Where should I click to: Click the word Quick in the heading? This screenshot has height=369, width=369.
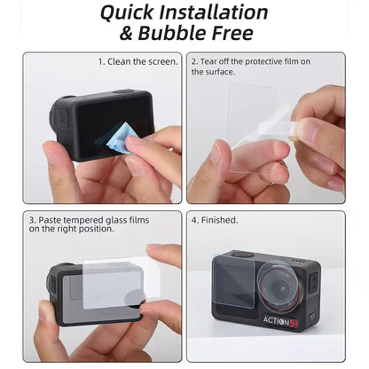point(129,13)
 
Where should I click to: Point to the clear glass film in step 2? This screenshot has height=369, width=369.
point(252,124)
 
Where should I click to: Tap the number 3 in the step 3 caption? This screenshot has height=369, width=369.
point(31,218)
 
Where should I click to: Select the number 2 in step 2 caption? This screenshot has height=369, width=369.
point(193,62)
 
